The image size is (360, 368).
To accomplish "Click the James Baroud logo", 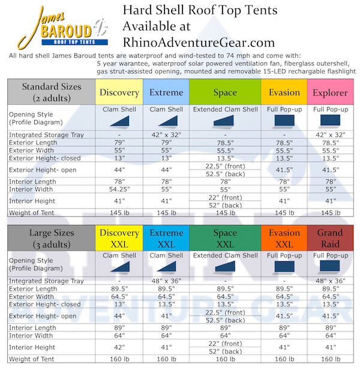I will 63,26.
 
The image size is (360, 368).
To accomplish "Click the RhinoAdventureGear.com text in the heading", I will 199,43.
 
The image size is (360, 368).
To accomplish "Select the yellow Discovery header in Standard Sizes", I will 119,93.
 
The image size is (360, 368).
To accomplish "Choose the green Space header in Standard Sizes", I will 225,93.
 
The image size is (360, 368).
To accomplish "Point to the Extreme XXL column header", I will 166,238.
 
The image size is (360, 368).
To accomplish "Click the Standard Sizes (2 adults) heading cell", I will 51,92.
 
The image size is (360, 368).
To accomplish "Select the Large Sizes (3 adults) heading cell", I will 51,238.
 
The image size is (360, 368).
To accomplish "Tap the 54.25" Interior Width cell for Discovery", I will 119,189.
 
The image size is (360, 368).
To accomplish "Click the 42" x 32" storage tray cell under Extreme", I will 166,135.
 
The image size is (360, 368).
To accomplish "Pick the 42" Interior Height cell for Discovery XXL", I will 119,346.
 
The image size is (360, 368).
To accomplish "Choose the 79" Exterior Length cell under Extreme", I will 166,143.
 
